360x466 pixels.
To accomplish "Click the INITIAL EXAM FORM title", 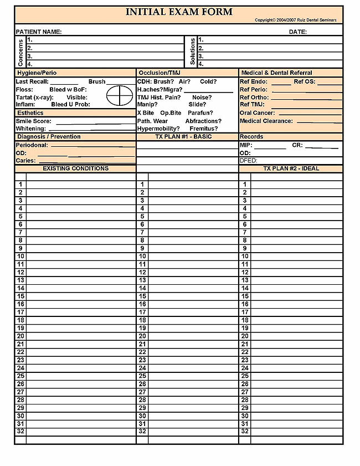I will click(179, 12).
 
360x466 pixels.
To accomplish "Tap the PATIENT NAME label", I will click(39, 32).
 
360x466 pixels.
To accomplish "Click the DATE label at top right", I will click(297, 32).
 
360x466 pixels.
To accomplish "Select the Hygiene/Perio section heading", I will click(37, 73).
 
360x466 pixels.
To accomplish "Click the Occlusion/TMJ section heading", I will click(160, 73).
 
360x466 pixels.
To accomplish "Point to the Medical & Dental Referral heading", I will click(276, 73).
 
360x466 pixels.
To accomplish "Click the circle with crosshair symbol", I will click(117, 95).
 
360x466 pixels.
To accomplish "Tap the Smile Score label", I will click(33, 121).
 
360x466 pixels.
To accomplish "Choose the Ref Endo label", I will click(254, 81).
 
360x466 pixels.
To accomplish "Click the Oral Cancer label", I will click(257, 113).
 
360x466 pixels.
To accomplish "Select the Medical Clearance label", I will click(266, 121).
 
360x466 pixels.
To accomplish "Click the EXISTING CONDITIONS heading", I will click(75, 168).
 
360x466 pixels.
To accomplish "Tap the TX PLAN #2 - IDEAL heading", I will click(291, 168).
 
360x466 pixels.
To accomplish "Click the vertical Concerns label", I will click(20, 52).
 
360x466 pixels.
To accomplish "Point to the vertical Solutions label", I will click(193, 52).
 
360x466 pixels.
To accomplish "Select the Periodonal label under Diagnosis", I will click(32, 145).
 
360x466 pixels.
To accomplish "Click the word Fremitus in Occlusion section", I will click(204, 129).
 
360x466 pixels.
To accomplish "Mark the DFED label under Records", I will click(248, 161).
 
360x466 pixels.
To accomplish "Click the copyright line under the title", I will click(295, 21).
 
